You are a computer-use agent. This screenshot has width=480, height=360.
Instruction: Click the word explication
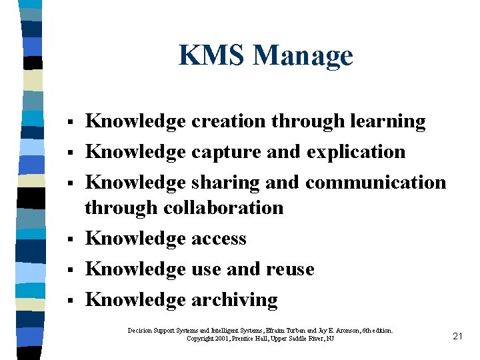pyautogui.click(x=356, y=152)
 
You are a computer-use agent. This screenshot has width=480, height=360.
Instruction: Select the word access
pyautogui.click(x=219, y=239)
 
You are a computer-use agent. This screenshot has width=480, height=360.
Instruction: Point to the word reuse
pyautogui.click(x=290, y=269)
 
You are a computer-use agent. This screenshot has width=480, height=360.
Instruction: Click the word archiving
pyautogui.click(x=234, y=300)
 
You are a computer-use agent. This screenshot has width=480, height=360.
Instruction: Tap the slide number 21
pyautogui.click(x=457, y=336)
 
